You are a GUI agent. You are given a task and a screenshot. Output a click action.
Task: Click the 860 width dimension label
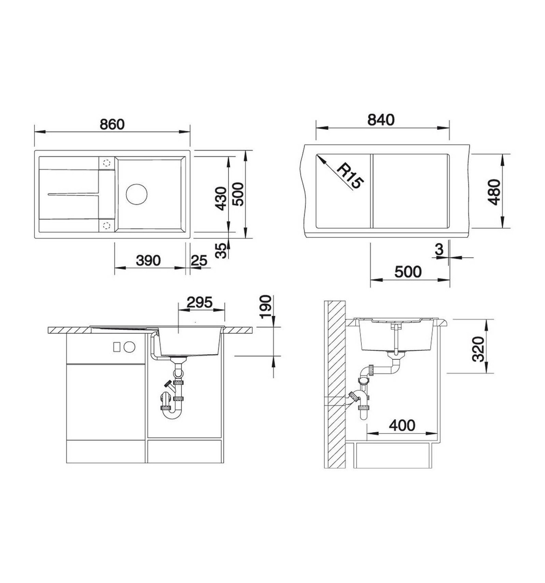pyautogui.click(x=112, y=124)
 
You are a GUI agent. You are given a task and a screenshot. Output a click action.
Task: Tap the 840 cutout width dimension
pyautogui.click(x=381, y=120)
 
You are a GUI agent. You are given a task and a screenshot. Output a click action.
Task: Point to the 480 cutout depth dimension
pyautogui.click(x=494, y=192)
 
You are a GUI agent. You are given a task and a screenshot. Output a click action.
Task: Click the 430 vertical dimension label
pyautogui.click(x=221, y=198)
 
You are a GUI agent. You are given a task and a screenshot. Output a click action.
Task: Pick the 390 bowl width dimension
pyautogui.click(x=148, y=261)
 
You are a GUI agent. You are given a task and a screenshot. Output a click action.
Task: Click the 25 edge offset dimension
pyautogui.click(x=199, y=261)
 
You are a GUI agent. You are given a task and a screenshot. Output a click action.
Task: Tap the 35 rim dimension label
pyautogui.click(x=221, y=251)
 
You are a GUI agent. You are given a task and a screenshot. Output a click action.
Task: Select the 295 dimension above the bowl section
pyautogui.click(x=200, y=302)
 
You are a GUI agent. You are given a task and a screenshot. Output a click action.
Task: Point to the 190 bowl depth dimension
pyautogui.click(x=266, y=307)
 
